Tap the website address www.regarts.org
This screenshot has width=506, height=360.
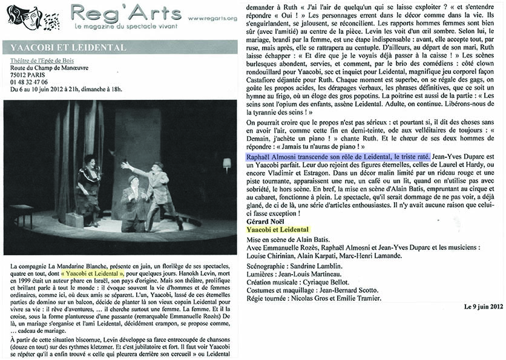(x=212, y=18)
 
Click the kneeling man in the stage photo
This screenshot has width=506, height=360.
(x=134, y=203)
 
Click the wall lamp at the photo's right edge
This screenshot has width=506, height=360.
(x=226, y=163)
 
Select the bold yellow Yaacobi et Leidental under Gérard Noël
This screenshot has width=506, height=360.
(x=278, y=229)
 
